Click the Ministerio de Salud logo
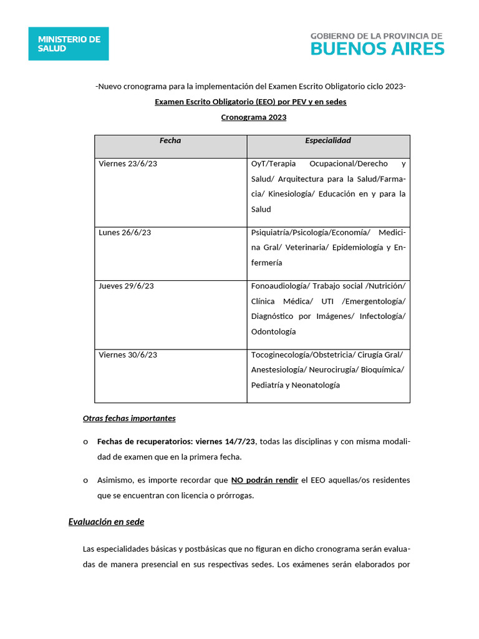69,44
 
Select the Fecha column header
170,141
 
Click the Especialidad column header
328,141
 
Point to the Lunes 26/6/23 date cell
125,232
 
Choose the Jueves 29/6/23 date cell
126,286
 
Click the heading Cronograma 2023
254,117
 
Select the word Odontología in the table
273,331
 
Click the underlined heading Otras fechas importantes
129,418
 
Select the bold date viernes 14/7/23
226,442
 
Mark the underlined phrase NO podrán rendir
264,480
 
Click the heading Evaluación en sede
106,522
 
